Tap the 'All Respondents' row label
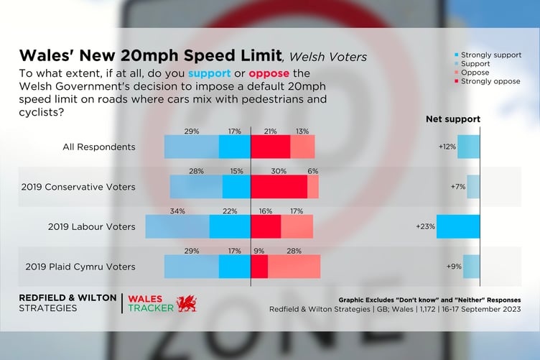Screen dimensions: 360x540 click(x=98, y=147)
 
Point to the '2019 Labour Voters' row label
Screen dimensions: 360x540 click(x=91, y=226)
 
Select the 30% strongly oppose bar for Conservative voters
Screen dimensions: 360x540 click(x=279, y=187)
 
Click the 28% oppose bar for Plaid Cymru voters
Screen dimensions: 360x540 click(x=294, y=267)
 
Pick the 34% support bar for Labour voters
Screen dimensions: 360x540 click(x=177, y=226)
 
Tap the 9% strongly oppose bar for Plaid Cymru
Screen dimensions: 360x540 click(x=259, y=267)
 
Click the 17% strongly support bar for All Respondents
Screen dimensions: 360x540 click(x=234, y=147)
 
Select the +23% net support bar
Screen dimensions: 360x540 click(x=457, y=226)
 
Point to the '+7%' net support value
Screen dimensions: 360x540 click(x=457, y=187)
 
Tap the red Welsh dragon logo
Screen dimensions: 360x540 click(x=186, y=303)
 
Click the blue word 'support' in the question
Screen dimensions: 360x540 click(x=210, y=74)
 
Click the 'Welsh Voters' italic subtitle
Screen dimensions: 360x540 click(x=327, y=57)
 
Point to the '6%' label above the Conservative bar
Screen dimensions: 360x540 click(x=313, y=172)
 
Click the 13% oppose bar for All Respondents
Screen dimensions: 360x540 click(x=302, y=147)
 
